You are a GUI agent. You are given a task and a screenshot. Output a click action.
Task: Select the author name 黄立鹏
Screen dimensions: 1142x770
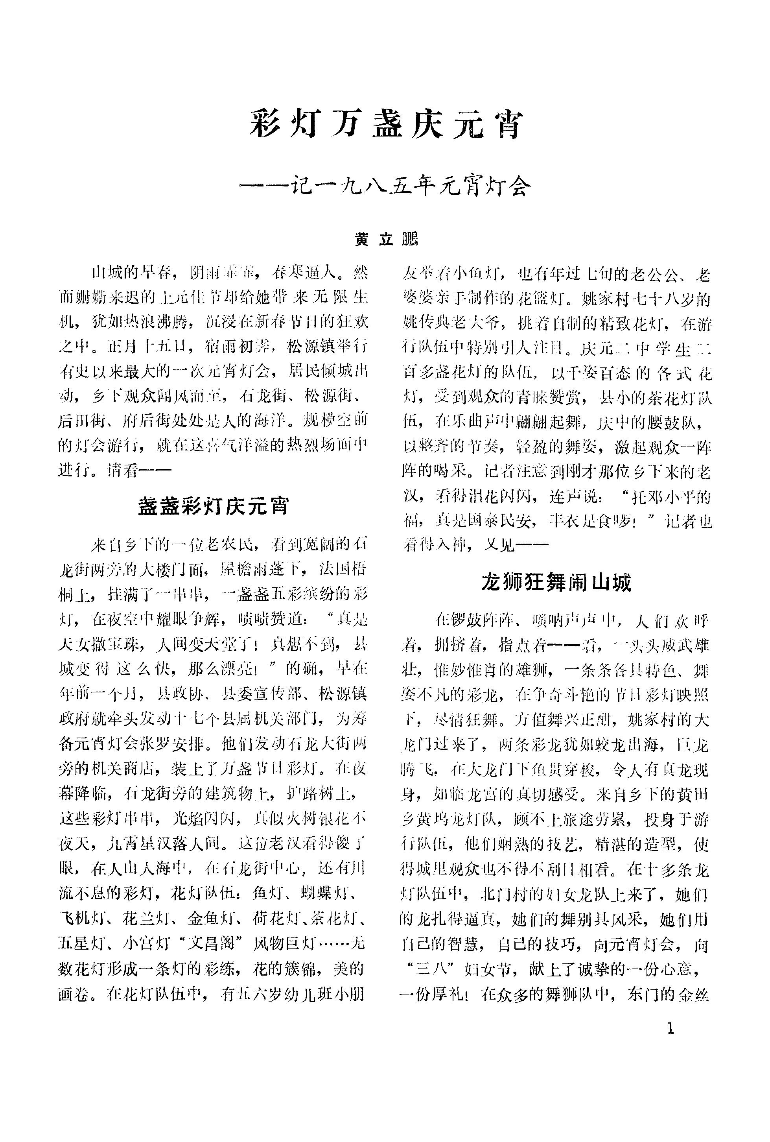pos(386,239)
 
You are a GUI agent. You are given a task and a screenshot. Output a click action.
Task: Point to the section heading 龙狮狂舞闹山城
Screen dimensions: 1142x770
pos(556,583)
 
